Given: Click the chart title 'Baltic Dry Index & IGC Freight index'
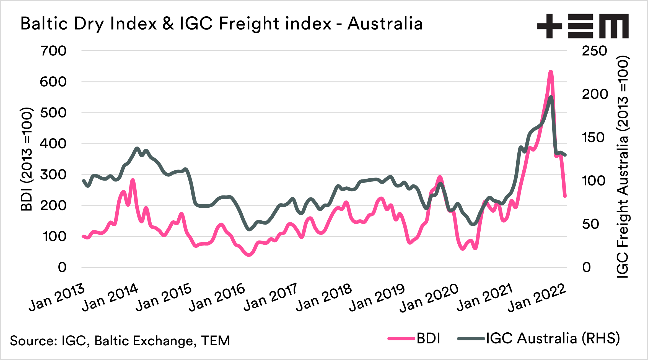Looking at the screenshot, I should click(x=221, y=24).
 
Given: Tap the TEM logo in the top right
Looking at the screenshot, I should click(x=583, y=26).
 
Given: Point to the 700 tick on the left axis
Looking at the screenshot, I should click(x=54, y=51).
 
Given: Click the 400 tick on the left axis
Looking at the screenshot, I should click(x=53, y=144).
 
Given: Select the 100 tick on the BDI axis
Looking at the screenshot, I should click(x=55, y=236).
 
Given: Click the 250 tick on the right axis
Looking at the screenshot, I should click(x=594, y=51).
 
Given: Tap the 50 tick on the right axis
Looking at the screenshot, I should click(x=590, y=224).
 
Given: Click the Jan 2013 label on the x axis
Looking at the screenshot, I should click(x=57, y=297).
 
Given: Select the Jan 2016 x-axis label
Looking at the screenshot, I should click(x=217, y=297).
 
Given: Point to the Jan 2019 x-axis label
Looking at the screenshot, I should click(x=377, y=297).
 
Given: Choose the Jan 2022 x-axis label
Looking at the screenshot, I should click(x=537, y=297).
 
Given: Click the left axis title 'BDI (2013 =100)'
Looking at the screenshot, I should click(x=27, y=159).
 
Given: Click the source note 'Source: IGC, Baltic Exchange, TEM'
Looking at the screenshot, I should click(x=120, y=341).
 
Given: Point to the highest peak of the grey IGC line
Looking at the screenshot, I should click(x=551, y=97).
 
